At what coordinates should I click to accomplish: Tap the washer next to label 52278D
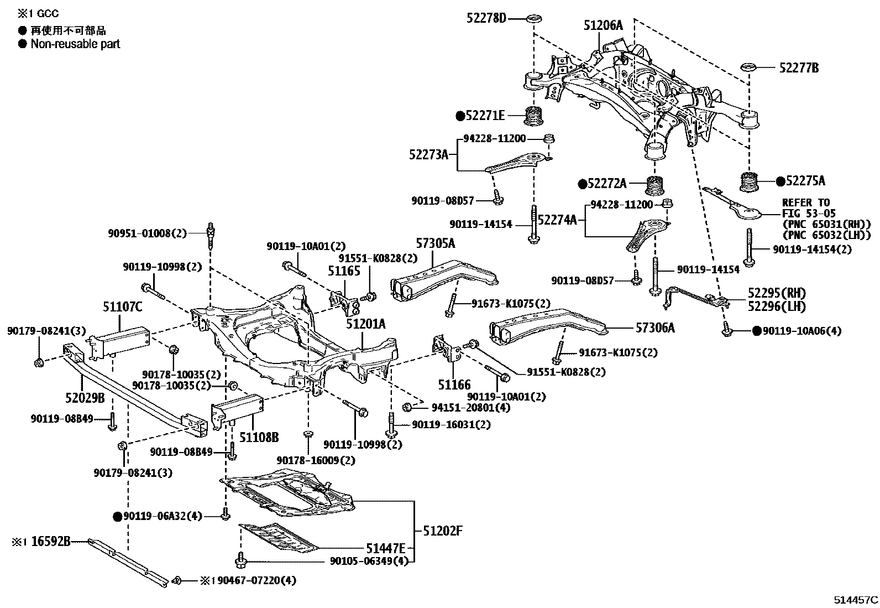[x=534, y=19]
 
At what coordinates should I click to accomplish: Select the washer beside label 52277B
[x=748, y=68]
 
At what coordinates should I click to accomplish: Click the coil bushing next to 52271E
[x=534, y=117]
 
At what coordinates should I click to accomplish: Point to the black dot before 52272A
[x=582, y=184]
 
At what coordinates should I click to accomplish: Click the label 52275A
[x=805, y=181]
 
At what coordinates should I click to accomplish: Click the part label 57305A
[x=435, y=243]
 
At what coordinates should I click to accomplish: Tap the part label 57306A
[x=655, y=328]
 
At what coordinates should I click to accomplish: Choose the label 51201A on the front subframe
[x=366, y=324]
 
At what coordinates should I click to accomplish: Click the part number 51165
[x=344, y=271]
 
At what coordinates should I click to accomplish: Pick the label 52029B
[x=85, y=397]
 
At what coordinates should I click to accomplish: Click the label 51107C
[x=122, y=305]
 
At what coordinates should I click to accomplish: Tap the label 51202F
[x=442, y=531]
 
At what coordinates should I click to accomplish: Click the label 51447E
[x=385, y=548]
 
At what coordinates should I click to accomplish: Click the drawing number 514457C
[x=856, y=600]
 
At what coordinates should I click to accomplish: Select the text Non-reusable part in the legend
[x=75, y=44]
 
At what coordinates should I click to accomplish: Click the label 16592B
[x=51, y=542]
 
